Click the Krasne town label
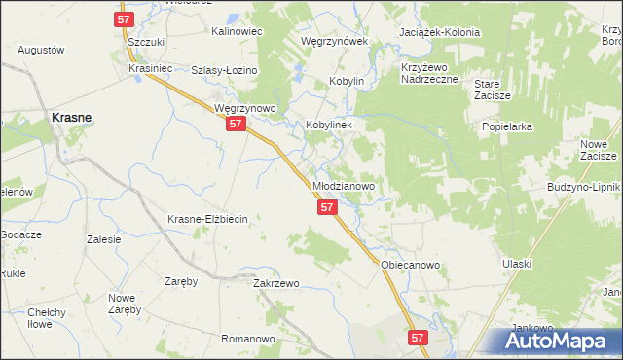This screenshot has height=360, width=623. [x=71, y=117]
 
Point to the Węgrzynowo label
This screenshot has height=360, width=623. [x=246, y=108]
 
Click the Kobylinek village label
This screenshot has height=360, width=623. [x=334, y=126]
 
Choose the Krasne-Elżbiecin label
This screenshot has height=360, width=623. [x=209, y=219]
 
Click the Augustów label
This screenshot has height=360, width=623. [x=41, y=50]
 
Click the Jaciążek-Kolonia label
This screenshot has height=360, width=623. [x=440, y=32]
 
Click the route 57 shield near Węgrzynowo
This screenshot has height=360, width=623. [x=235, y=125]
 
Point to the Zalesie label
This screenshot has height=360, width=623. [x=103, y=239]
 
